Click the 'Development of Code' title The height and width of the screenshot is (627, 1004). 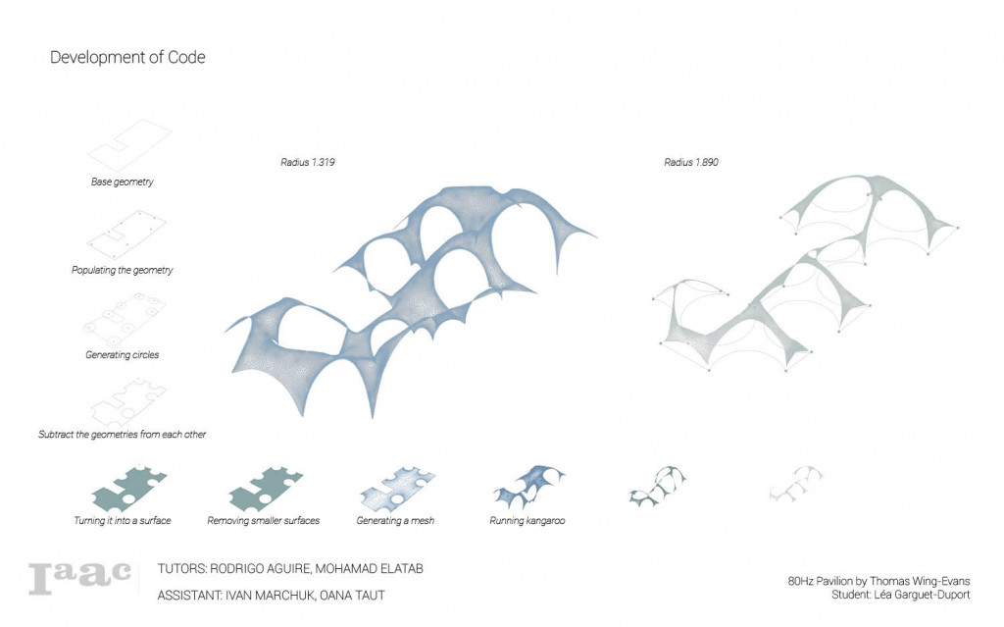(x=127, y=58)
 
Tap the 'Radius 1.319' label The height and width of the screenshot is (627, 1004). (x=308, y=161)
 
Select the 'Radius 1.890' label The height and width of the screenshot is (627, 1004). (x=690, y=161)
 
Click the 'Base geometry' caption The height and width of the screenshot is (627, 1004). (x=123, y=183)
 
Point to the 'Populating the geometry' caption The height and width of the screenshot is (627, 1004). (x=123, y=270)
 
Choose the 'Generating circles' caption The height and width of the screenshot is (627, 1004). (x=123, y=354)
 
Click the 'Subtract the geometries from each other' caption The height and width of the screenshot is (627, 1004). (x=123, y=434)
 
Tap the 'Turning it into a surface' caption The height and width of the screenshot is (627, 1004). (x=123, y=520)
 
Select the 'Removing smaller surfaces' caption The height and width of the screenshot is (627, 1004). (x=264, y=520)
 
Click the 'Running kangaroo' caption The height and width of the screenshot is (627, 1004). (x=527, y=520)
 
